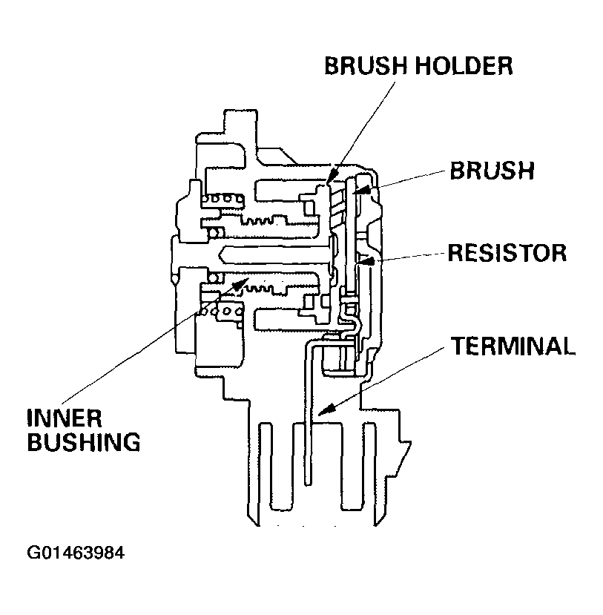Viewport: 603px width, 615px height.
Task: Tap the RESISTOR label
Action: (507, 252)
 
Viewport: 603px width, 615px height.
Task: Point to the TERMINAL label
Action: (513, 346)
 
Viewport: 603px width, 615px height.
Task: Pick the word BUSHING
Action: (82, 443)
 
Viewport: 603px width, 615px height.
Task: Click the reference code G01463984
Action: (75, 553)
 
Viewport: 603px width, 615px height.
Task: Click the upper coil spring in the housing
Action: (220, 198)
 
